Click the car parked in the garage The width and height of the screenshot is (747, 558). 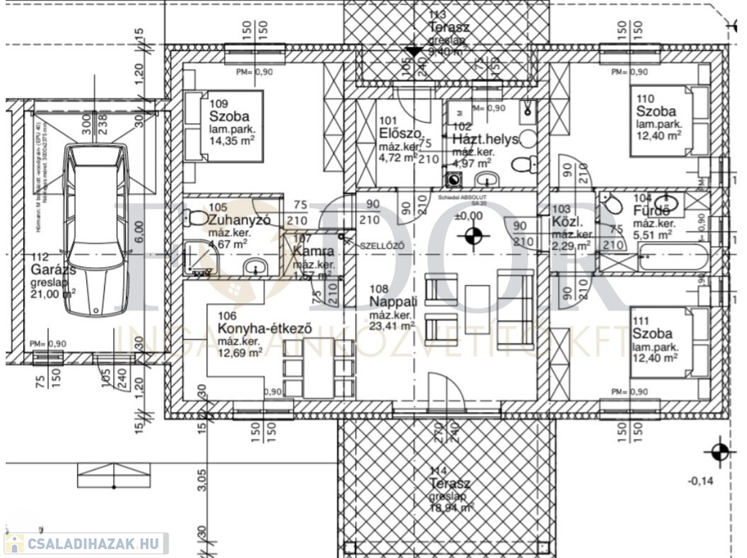point(94,229)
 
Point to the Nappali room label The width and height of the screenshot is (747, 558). point(393,301)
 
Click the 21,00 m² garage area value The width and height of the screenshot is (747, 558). point(53,294)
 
